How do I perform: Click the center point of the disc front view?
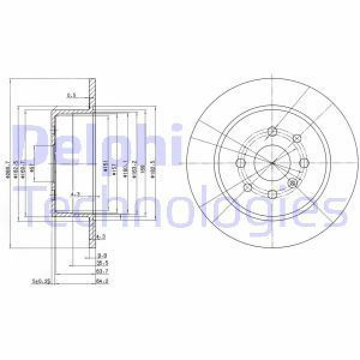(x=272, y=163)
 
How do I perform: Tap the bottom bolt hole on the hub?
(x=272, y=193)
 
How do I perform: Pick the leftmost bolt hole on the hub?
(x=241, y=163)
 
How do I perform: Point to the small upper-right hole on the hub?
(x=295, y=140)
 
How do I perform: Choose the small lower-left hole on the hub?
(x=248, y=187)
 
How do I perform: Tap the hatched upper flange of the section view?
(x=92, y=96)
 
